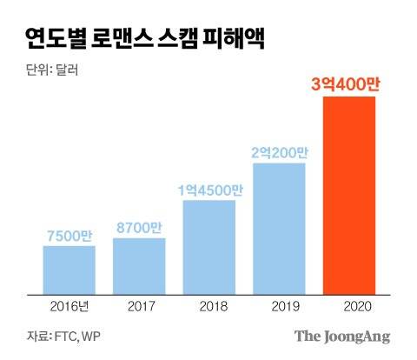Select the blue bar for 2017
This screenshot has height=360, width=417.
[x=139, y=264]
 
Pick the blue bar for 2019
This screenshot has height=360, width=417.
[x=279, y=228]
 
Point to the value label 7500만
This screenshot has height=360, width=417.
[x=69, y=234]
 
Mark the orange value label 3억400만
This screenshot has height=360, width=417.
[x=348, y=84]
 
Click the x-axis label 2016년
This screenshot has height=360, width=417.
[x=69, y=306]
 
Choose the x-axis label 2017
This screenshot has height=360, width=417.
[x=139, y=306]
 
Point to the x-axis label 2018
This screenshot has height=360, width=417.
[x=208, y=306]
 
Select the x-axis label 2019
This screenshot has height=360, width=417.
[x=279, y=306]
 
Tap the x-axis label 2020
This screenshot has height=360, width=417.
[x=348, y=306]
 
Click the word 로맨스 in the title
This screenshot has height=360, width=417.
[x=138, y=39]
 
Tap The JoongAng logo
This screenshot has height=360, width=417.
[x=341, y=337]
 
